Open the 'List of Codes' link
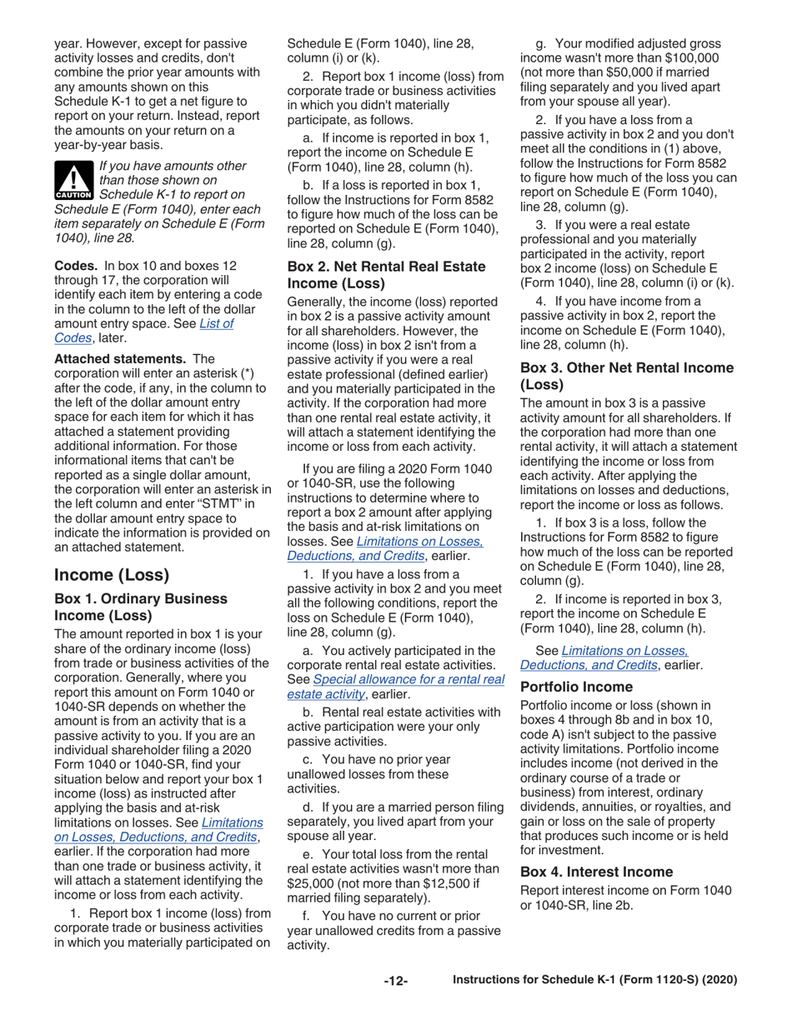[215, 323]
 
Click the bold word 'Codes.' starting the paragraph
[76, 265]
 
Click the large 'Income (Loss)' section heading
[111, 575]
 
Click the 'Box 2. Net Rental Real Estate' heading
[385, 267]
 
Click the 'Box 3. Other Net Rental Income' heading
[626, 367]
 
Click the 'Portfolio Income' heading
[576, 687]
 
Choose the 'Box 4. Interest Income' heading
[596, 872]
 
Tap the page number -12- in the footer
[395, 980]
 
